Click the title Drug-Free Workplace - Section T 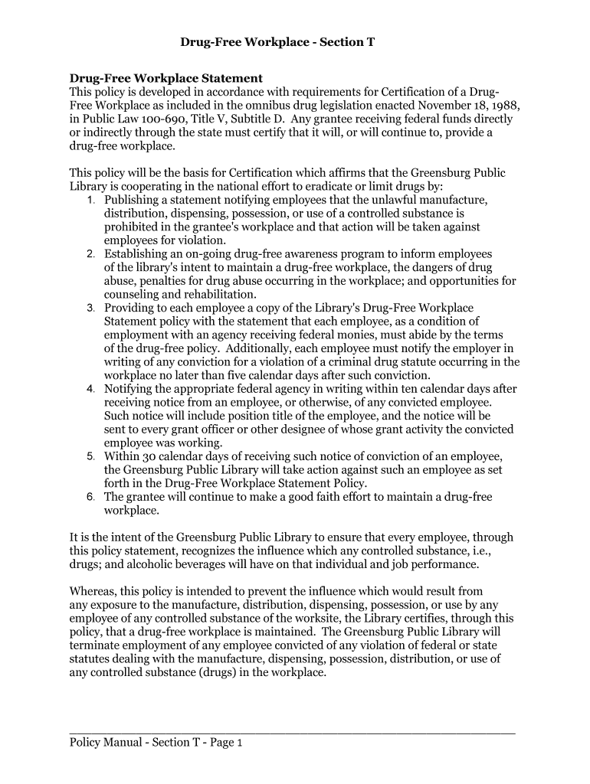277,41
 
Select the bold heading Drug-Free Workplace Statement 166,78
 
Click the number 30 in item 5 146,456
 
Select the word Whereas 93,591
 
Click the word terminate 95,645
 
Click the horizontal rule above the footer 292,733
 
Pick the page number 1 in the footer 240,743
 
